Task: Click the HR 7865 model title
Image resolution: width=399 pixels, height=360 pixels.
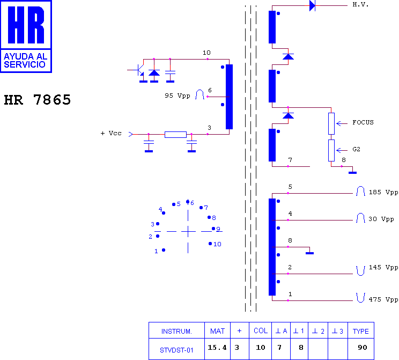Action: tap(37, 100)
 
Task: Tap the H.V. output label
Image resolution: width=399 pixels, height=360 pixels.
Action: tap(360, 5)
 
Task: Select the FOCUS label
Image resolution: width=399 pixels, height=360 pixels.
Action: tap(363, 122)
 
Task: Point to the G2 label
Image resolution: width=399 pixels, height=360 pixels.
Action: tap(356, 149)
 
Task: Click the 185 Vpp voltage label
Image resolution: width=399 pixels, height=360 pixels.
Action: tap(383, 192)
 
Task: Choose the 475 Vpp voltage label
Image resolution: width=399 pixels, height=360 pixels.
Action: tap(383, 299)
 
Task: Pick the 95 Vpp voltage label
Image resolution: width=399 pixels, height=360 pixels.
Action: tap(178, 95)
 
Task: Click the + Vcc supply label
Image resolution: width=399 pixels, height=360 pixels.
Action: tap(111, 133)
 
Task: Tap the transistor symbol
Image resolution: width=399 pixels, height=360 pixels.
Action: tap(139, 70)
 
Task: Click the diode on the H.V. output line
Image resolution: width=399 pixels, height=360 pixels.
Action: tap(312, 5)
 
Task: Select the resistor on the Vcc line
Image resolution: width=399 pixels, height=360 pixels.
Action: tap(175, 135)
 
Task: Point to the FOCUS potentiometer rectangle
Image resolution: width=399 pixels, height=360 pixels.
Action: tap(331, 123)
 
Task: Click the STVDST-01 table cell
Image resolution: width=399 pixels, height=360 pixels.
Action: tap(176, 350)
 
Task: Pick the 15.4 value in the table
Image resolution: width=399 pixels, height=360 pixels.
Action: tap(217, 348)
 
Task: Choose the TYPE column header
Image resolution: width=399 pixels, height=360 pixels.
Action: tap(360, 331)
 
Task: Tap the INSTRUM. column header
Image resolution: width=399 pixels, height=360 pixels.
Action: tap(176, 332)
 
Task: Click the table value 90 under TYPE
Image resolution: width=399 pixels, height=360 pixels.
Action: tap(363, 348)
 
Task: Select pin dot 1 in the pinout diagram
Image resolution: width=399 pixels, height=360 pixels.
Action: tap(164, 250)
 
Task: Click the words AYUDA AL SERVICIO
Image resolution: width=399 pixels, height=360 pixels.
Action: tap(25, 60)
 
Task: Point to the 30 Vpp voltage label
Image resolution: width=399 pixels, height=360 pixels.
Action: tap(381, 219)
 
